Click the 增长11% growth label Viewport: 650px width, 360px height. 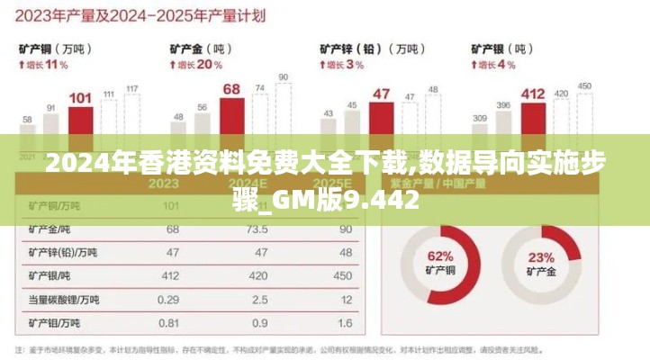tap(42, 65)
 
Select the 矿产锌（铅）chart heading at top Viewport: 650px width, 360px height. tap(357, 48)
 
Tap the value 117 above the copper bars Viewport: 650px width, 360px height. tap(132, 88)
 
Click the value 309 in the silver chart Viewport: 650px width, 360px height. tap(480, 118)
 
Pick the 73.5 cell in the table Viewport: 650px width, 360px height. tap(259, 229)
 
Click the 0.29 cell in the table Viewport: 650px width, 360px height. tap(168, 299)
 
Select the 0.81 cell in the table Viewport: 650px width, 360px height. tap(168, 322)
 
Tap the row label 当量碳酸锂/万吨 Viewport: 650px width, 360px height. tap(64, 299)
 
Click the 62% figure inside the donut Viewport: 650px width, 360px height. tap(440, 256)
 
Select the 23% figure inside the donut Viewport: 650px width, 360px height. tap(541, 256)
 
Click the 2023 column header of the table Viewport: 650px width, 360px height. tap(163, 184)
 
